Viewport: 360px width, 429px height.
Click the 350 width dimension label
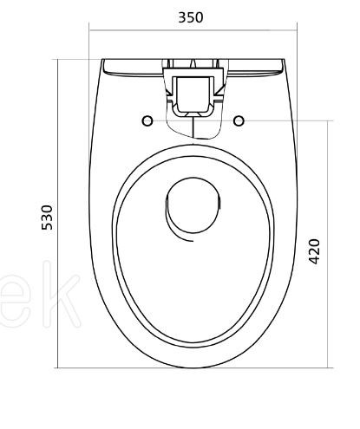(191, 16)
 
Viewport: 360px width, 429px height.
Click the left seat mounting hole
(147, 120)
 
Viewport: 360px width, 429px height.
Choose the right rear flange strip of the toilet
(255, 65)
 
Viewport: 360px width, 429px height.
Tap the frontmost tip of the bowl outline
(193, 367)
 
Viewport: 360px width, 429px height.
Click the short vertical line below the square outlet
(193, 131)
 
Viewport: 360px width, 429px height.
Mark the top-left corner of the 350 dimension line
(91, 31)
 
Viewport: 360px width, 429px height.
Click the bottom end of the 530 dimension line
(59, 367)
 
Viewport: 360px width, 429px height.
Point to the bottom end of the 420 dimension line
(328, 367)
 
